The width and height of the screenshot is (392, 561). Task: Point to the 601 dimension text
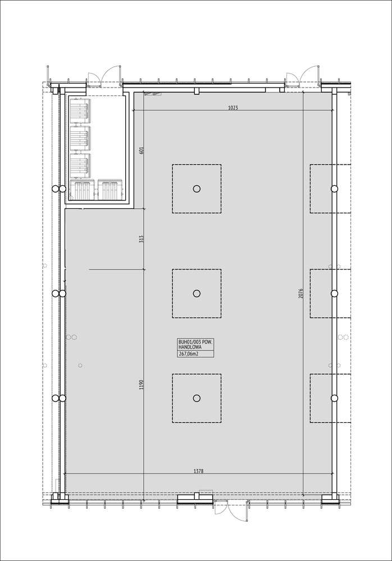142,150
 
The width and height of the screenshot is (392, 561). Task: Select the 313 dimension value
142,239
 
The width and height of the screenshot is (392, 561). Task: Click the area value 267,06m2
188,354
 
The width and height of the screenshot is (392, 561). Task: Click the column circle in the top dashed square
197,189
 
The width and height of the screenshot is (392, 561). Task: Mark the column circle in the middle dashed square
197,293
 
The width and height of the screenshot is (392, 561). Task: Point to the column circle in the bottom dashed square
197,398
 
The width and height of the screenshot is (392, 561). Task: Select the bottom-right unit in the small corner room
110,190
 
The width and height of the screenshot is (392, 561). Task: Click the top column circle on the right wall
335,189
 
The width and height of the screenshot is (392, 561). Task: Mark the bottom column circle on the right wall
335,398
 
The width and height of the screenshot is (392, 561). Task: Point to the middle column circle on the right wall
335,293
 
